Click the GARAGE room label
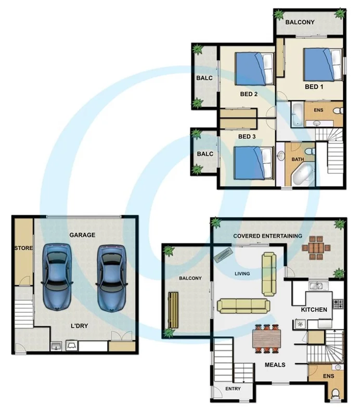pyautogui.click(x=82, y=235)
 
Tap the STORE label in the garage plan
pyautogui.click(x=23, y=248)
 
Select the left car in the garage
pyautogui.click(x=57, y=276)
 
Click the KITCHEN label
pyautogui.click(x=314, y=310)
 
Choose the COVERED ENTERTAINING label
pyautogui.click(x=267, y=236)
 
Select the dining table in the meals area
pyautogui.click(x=267, y=338)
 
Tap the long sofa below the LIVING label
pyautogui.click(x=243, y=306)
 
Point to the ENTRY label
pyautogui.click(x=233, y=389)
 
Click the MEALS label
pyautogui.click(x=275, y=365)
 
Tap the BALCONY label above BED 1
pyautogui.click(x=300, y=22)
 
